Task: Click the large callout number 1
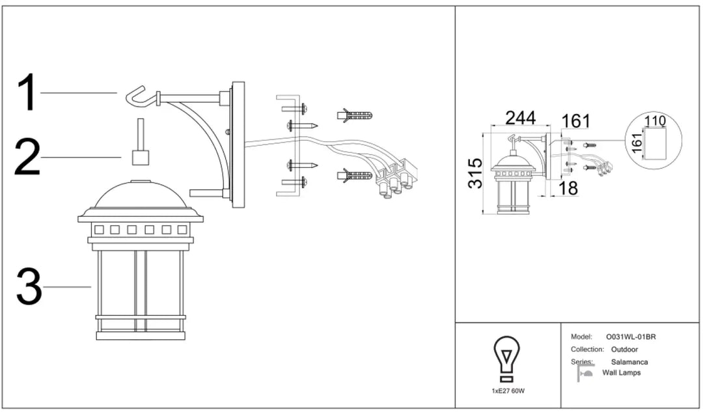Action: [28, 93]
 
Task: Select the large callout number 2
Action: [28, 157]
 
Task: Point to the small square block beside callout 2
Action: [141, 158]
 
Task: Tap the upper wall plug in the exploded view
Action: [355, 115]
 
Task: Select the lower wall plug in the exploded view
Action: [355, 175]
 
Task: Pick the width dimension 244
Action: [521, 118]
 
